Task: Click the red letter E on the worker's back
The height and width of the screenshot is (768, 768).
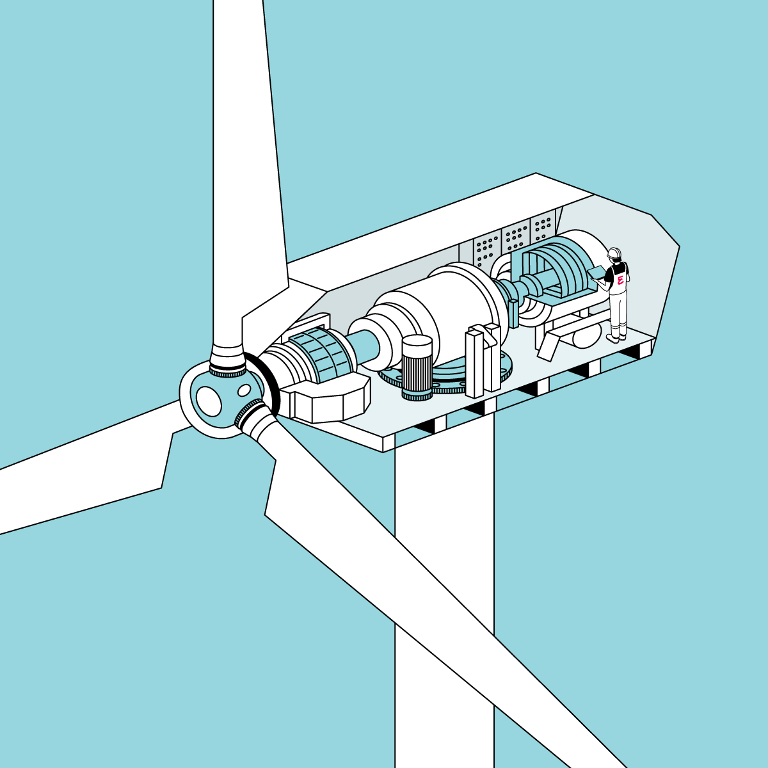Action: point(620,281)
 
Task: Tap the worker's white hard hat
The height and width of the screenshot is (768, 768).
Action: point(614,253)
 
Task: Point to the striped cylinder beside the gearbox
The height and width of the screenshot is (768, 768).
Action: point(417,367)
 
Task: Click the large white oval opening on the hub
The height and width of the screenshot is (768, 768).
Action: point(209,401)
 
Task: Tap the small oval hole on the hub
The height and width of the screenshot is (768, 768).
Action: point(244,390)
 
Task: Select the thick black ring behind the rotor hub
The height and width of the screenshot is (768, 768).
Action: point(266,383)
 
